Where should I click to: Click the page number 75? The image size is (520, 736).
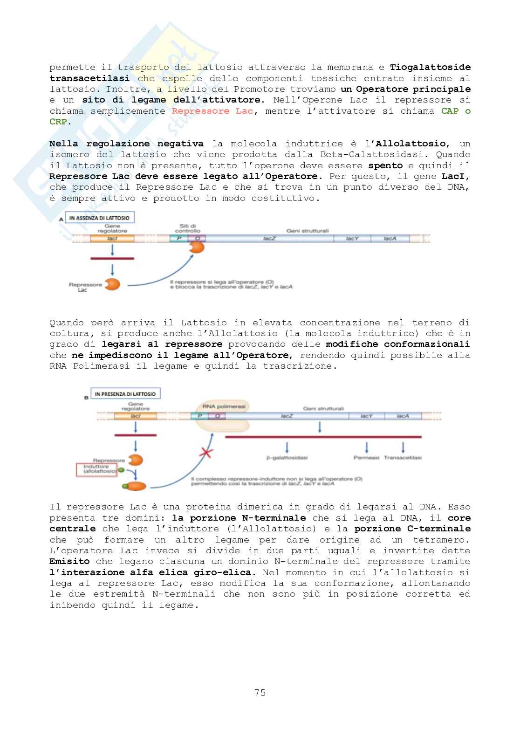pos(260,693)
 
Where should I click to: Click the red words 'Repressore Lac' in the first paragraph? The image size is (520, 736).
pos(212,111)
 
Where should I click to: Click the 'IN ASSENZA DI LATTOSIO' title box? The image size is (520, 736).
pos(99,218)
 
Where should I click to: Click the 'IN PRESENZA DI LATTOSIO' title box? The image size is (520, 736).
pos(125,394)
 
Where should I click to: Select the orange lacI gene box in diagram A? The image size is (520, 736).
pos(112,238)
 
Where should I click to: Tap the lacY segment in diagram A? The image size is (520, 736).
pos(352,238)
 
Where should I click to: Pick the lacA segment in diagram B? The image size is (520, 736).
pos(403,416)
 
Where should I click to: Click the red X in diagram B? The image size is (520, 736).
pos(205,452)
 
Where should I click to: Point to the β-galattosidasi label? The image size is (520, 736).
pos(287,458)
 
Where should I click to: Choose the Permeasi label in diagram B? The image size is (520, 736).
pos(366,458)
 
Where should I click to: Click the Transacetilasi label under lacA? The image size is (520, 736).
pos(403,458)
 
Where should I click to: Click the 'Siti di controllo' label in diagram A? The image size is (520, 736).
pos(188,228)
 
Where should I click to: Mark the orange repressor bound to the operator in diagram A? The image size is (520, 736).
pos(197,248)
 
